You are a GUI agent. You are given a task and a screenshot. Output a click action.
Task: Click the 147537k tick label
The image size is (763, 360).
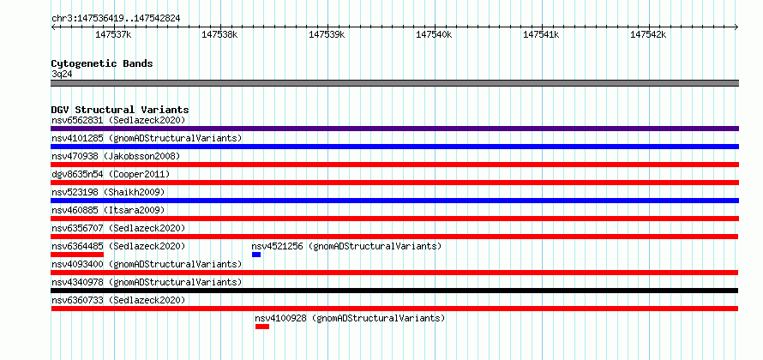pyautogui.click(x=113, y=34)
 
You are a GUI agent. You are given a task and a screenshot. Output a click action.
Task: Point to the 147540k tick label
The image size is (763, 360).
pyautogui.click(x=434, y=34)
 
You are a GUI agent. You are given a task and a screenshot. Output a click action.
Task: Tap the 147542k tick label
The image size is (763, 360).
pyautogui.click(x=648, y=34)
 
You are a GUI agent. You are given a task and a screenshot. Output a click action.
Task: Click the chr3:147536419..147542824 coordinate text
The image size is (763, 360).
pyautogui.click(x=116, y=19)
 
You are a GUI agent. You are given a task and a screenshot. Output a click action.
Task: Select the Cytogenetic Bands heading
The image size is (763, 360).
pyautogui.click(x=102, y=63)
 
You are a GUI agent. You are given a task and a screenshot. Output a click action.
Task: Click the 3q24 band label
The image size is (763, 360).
pyautogui.click(x=62, y=75)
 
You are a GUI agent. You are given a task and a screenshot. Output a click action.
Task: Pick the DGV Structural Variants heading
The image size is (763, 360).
pyautogui.click(x=120, y=110)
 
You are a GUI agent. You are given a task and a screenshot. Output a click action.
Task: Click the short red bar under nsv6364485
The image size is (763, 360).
pyautogui.click(x=77, y=255)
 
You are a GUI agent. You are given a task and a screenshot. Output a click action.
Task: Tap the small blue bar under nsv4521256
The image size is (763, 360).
pyautogui.click(x=256, y=255)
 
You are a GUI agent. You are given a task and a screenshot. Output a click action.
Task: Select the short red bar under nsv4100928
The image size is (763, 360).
pyautogui.click(x=262, y=327)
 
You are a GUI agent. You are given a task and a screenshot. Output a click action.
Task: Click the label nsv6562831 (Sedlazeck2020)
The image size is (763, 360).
pyautogui.click(x=118, y=120)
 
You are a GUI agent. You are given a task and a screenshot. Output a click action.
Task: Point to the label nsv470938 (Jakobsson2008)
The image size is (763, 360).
pyautogui.click(x=116, y=156)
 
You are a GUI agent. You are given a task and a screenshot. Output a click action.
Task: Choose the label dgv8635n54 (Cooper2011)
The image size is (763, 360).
pyautogui.click(x=111, y=174)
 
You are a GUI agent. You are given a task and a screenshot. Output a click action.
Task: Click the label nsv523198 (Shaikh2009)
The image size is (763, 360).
pyautogui.click(x=108, y=192)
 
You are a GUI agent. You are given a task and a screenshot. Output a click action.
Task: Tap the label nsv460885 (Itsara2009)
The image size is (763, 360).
pyautogui.click(x=108, y=210)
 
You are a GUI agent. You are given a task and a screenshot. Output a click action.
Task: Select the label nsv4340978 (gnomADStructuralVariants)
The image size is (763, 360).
pyautogui.click(x=147, y=282)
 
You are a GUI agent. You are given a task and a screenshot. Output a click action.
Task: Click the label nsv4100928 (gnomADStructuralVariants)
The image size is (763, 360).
pyautogui.click(x=350, y=318)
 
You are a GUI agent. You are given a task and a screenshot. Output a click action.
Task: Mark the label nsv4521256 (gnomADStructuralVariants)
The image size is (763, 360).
pyautogui.click(x=346, y=246)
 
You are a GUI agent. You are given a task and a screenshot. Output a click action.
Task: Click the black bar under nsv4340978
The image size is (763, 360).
pyautogui.click(x=394, y=291)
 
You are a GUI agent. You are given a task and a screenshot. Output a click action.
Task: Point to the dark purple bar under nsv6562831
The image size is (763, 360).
pyautogui.click(x=395, y=129)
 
